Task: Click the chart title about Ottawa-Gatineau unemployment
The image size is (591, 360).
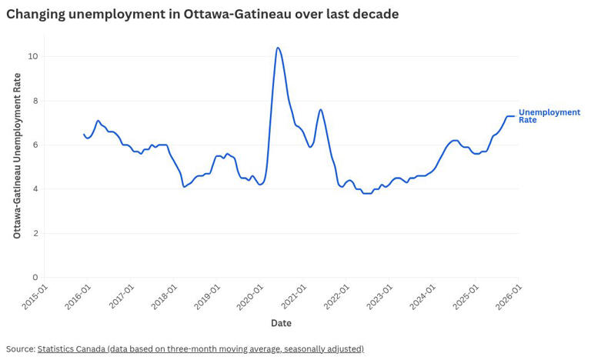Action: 202,14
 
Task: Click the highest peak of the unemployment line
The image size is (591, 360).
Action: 278,48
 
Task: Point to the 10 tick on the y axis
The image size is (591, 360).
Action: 33,57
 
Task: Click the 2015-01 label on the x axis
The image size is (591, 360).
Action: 35,296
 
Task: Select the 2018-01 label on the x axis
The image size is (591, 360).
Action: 165,296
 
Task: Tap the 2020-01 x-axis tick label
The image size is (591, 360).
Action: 251,296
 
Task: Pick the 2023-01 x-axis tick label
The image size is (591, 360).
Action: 380,296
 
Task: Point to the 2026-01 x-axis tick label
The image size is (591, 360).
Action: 509,296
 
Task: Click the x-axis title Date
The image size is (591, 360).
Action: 281,323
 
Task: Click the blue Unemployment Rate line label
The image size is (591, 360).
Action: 549,116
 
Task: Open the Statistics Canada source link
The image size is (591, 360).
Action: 200,349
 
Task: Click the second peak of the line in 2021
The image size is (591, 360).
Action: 321,109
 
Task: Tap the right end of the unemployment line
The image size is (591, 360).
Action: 514,116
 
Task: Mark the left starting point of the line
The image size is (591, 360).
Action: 84,134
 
